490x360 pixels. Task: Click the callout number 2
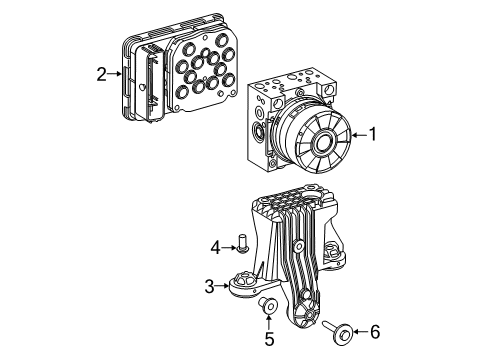point(101,73)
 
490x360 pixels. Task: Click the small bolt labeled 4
point(242,244)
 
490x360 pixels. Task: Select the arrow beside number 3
point(225,286)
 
